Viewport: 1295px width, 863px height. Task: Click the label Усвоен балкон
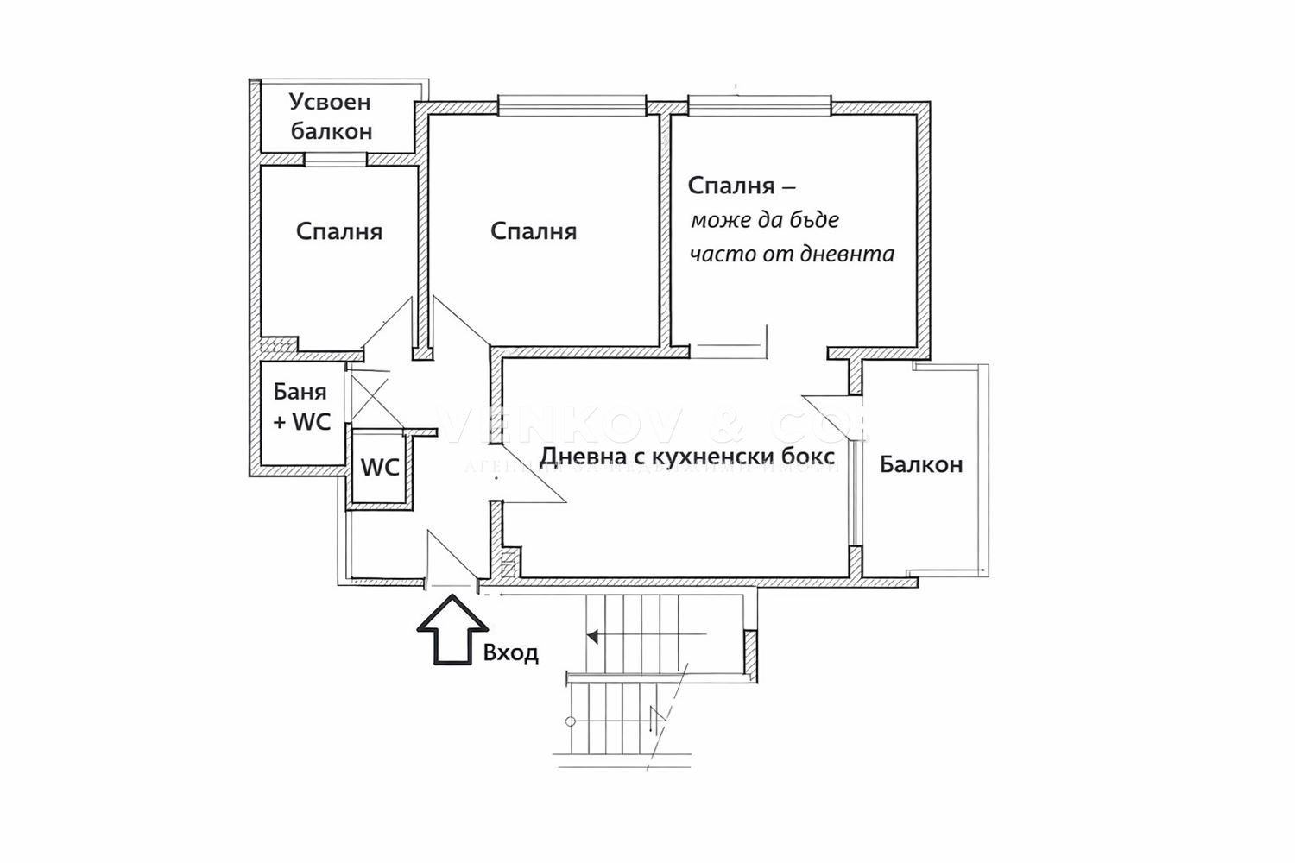(331, 117)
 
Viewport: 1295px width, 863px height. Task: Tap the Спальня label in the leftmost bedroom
(338, 231)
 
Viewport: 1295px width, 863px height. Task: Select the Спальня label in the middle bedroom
(534, 231)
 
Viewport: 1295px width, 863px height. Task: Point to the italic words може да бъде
(764, 220)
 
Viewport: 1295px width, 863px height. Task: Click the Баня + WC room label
(301, 406)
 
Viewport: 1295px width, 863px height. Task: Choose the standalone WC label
(380, 467)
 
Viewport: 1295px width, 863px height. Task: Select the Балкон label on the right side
(920, 464)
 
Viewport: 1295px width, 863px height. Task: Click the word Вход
(511, 652)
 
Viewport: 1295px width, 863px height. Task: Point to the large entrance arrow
(450, 634)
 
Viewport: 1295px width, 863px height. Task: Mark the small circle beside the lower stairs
(570, 721)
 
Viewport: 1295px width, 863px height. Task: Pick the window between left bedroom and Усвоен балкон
(335, 159)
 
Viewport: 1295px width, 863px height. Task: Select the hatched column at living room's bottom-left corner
(509, 564)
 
